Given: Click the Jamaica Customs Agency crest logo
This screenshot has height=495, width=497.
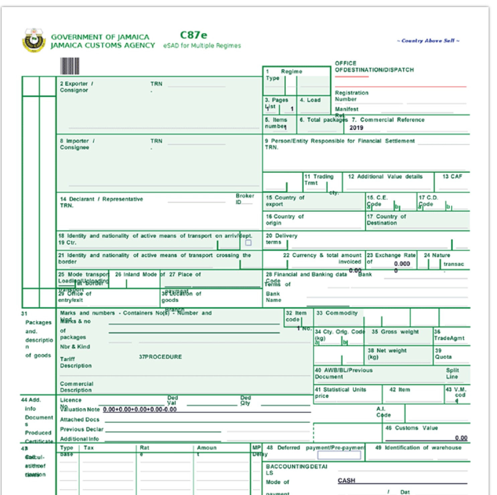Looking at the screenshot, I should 33,40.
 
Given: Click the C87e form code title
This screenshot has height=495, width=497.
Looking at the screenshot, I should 193,35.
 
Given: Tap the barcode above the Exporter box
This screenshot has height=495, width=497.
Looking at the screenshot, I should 70,66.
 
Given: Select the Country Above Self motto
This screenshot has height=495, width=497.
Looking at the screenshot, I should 428,41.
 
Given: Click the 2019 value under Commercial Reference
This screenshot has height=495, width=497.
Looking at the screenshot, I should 356,128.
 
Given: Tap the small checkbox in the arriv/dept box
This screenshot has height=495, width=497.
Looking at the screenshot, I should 248,243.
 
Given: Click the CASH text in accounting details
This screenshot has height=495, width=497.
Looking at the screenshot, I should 346,481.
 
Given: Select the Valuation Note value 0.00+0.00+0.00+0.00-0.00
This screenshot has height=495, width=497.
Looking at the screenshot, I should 140,409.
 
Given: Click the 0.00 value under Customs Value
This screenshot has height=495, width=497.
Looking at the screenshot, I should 461,438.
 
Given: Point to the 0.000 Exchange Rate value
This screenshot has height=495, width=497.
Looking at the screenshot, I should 402,264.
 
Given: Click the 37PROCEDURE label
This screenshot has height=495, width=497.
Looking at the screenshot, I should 160,357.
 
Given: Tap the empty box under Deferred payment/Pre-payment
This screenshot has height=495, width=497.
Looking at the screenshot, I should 339,455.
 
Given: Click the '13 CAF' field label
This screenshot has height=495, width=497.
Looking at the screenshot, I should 452,176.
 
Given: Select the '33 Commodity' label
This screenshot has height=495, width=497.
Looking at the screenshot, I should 337,313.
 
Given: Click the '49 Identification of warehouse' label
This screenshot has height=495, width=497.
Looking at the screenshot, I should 418,447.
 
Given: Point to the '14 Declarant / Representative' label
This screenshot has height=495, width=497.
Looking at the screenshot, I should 101,199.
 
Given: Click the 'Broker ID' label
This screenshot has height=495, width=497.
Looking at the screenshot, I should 245,199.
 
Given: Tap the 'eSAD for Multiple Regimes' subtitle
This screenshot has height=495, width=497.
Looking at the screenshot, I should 202,46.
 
